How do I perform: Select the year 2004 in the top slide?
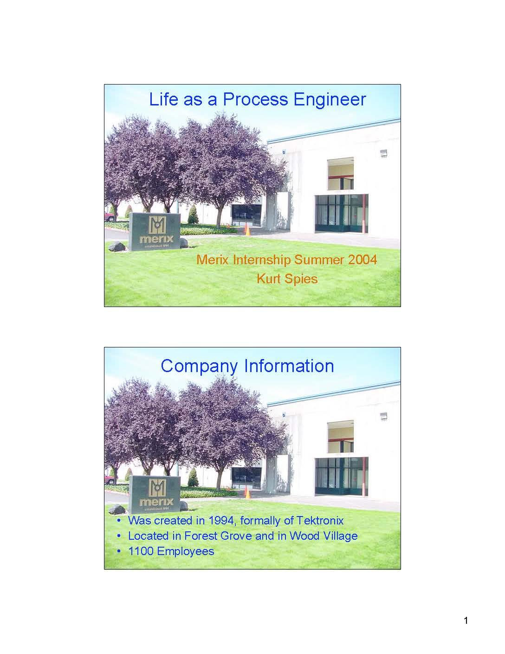pyautogui.click(x=363, y=259)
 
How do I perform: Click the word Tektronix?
pyautogui.click(x=320, y=520)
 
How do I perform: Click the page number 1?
pyautogui.click(x=466, y=621)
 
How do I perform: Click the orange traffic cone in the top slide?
pyautogui.click(x=247, y=229)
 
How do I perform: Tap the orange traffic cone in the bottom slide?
pyautogui.click(x=247, y=492)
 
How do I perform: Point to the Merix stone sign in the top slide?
pyautogui.click(x=155, y=231)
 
